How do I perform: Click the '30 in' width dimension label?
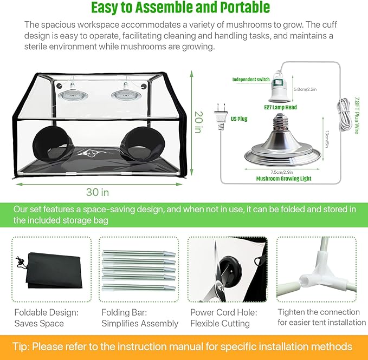coord(97,192)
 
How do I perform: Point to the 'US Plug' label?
coord(238,119)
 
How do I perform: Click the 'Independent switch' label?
coord(251,80)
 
